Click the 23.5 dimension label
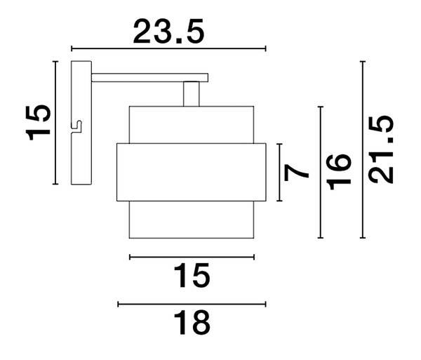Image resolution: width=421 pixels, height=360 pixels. (168, 32)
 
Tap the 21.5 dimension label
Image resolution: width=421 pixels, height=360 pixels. (381, 149)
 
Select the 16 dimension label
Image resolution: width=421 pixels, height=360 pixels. (339, 172)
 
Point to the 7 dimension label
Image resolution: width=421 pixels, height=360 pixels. (296, 173)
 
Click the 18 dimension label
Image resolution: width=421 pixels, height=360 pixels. (192, 322)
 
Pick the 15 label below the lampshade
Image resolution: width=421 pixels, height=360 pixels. (192, 275)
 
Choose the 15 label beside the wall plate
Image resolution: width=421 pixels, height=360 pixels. (38, 123)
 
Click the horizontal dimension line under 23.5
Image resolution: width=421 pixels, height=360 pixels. (168, 48)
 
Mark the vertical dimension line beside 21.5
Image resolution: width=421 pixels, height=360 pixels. (363, 149)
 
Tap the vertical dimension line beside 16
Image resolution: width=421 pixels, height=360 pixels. (321, 173)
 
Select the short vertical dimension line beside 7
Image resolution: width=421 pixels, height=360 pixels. (279, 173)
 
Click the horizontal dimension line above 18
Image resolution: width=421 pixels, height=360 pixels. (192, 304)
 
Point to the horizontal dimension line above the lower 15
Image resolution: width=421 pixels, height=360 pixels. (192, 257)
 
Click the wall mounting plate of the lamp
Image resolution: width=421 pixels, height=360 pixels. (81, 123)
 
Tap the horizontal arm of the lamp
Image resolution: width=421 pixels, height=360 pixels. (150, 78)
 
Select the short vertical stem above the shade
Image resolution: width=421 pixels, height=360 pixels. (192, 94)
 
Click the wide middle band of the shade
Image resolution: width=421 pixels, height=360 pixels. (192, 173)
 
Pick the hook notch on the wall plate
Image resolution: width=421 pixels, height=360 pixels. (76, 126)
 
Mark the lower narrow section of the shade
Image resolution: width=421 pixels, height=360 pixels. (192, 220)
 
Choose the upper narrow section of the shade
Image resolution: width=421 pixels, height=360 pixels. (192, 125)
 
